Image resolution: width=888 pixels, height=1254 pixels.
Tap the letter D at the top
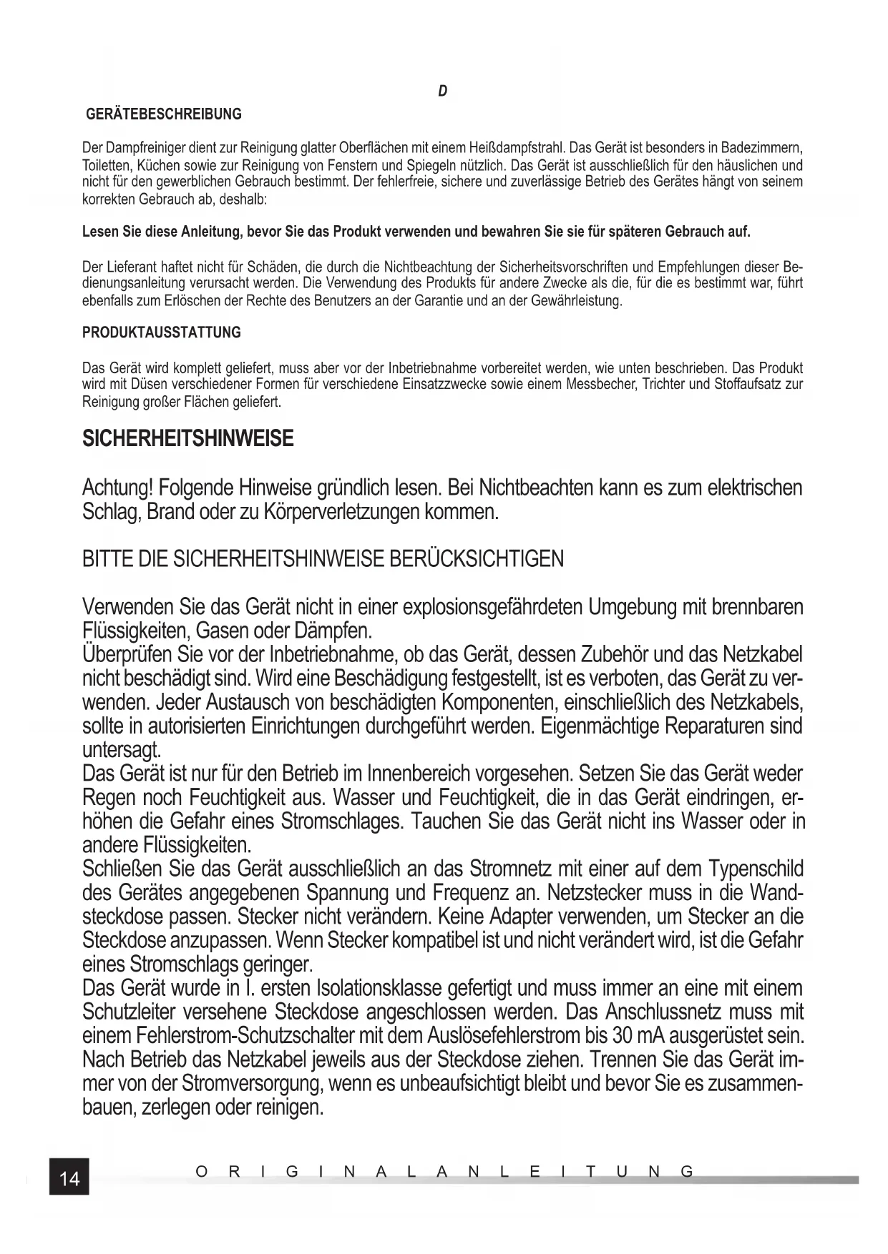(443, 92)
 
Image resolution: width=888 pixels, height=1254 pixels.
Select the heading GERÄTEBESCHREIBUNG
(164, 114)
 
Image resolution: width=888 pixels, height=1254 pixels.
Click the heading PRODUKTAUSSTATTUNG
(162, 332)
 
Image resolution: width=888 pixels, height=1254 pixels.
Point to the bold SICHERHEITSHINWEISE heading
(188, 438)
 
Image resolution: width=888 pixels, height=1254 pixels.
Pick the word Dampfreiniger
(146, 149)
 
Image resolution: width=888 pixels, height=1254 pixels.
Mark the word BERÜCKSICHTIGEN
(475, 558)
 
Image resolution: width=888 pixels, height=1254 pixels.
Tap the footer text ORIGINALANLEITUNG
(444, 1172)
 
